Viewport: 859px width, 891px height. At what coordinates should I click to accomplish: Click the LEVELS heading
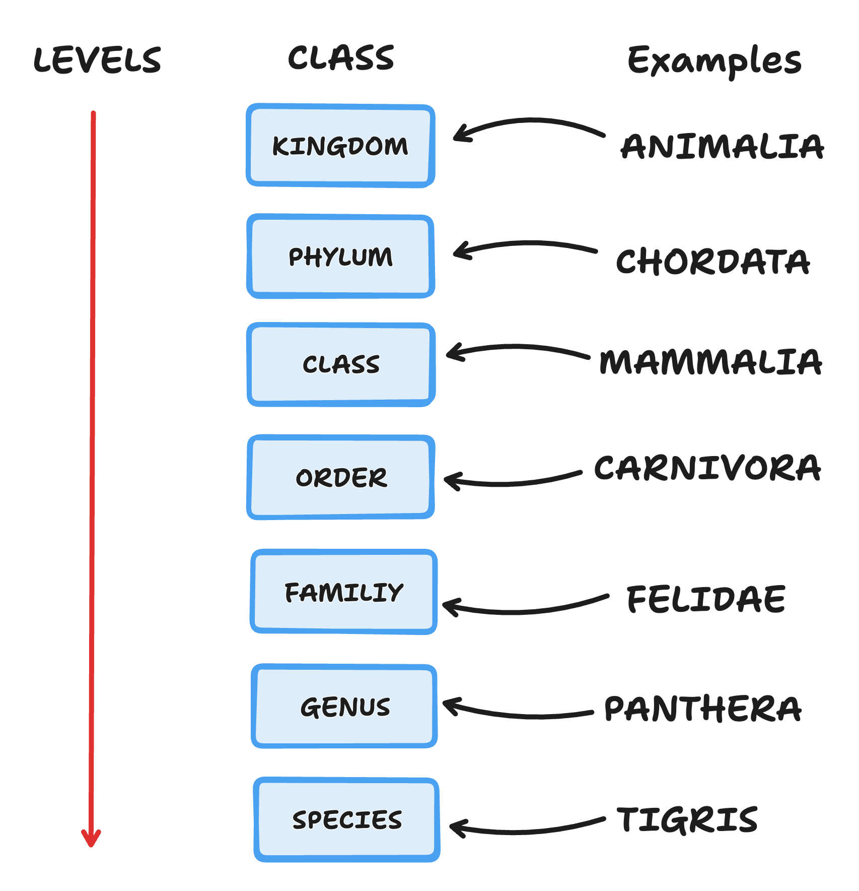pos(97,60)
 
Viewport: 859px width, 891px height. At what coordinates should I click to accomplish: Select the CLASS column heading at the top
pos(341,58)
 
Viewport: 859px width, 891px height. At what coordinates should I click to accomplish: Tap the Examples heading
pos(714,60)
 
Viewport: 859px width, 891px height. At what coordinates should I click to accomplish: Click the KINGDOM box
pos(340,146)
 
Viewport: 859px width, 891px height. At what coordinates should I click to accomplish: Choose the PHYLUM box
pos(340,256)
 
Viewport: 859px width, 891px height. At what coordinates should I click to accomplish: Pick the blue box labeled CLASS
pos(341,364)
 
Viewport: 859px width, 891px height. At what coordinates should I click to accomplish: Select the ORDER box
pos(341,477)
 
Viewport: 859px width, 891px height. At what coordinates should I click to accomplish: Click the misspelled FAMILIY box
pos(344,592)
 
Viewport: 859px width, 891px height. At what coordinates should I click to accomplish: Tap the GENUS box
pos(344,706)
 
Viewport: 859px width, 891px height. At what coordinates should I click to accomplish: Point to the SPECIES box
pos(347,819)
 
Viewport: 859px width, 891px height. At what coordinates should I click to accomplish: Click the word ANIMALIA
pos(722,147)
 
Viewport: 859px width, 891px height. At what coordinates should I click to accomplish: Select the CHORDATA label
pos(713,262)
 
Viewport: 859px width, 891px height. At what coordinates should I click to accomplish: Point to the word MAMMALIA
pos(710,362)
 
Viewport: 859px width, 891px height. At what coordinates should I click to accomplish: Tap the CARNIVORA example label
pos(707,468)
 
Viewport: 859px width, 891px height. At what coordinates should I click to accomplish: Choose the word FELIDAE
pos(706,599)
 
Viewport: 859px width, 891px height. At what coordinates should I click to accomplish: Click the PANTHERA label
pos(703,709)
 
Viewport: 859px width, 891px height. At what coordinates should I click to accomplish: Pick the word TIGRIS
pos(687,819)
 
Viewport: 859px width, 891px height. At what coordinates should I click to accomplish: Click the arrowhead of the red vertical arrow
pos(91,845)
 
